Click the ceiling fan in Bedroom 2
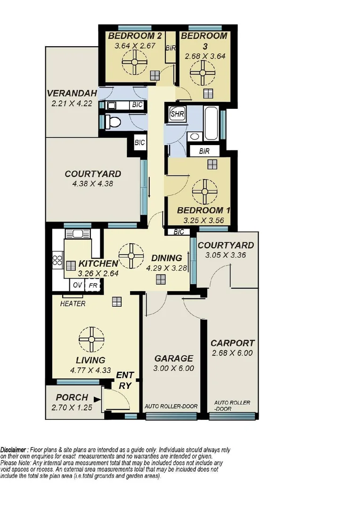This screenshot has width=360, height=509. pyautogui.click(x=135, y=61)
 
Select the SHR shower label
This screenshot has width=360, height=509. pyautogui.click(x=177, y=114)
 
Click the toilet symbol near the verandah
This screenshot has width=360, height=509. pyautogui.click(x=113, y=122)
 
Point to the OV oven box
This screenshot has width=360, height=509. pyautogui.click(x=76, y=286)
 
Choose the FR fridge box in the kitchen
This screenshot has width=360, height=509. pyautogui.click(x=93, y=286)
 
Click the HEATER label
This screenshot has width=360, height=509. pyautogui.click(x=73, y=304)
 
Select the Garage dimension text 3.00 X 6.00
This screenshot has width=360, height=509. pyautogui.click(x=174, y=369)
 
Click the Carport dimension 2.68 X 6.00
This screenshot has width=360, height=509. pyautogui.click(x=232, y=353)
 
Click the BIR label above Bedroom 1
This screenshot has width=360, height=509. pyautogui.click(x=205, y=151)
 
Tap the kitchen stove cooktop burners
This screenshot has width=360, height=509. pyautogui.click(x=57, y=261)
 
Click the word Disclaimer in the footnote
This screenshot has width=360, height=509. pyautogui.click(x=14, y=450)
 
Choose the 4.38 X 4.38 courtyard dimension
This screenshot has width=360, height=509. pyautogui.click(x=93, y=184)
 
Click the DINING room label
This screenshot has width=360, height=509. pyautogui.click(x=166, y=258)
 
